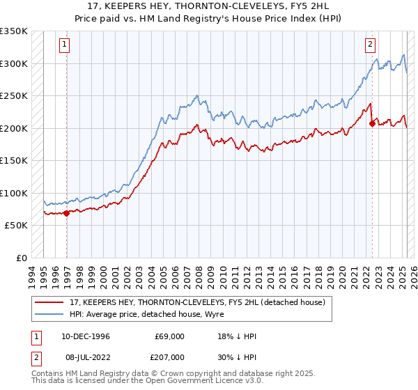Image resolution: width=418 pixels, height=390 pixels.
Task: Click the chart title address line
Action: coord(209,6)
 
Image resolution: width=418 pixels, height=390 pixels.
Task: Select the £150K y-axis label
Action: coord(14,161)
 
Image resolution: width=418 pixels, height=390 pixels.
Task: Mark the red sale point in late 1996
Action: coord(67,213)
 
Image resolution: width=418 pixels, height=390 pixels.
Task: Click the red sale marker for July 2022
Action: coord(372,123)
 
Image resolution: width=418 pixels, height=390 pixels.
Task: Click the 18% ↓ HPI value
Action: coord(237,336)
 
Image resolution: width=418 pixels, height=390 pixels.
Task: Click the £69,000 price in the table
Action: coord(169,336)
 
